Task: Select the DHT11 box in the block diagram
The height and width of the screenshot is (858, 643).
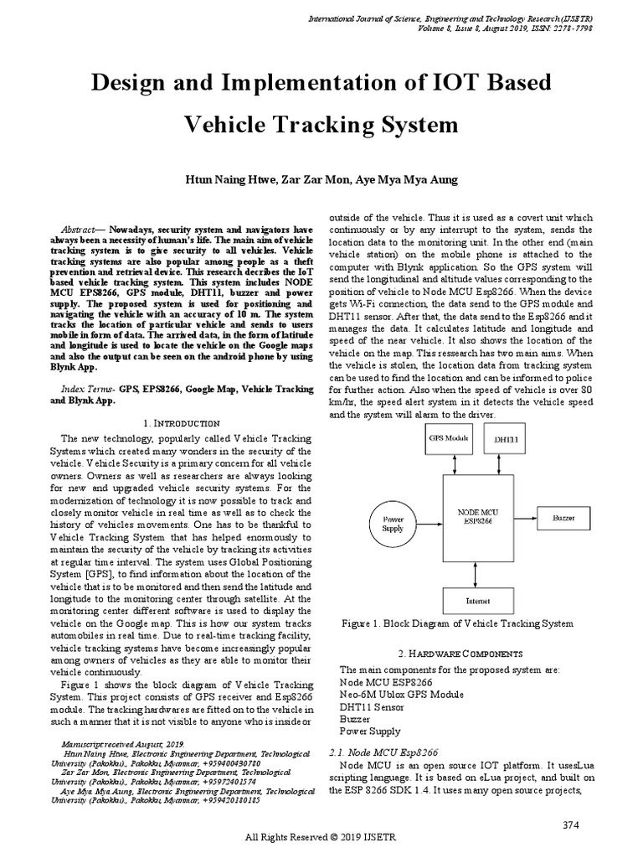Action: pos(506,439)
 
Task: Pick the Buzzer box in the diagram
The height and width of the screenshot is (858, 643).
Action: pos(563,519)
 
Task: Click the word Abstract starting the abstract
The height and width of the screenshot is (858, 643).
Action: pos(81,229)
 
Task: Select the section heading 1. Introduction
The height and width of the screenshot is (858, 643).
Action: pos(182,424)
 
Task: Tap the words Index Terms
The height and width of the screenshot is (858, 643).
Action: pos(88,390)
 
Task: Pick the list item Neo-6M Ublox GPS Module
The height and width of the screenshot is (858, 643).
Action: pos(401,695)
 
